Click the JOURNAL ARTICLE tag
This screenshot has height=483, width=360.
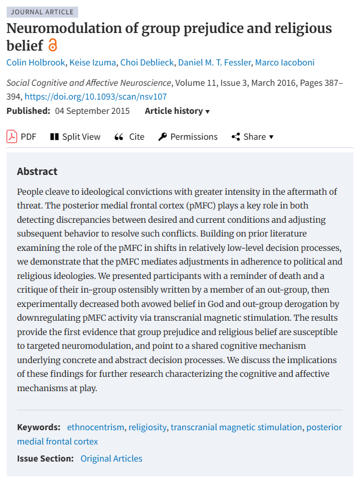tap(42, 12)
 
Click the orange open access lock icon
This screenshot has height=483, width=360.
tap(53, 45)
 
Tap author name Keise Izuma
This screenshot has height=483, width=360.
tap(95, 62)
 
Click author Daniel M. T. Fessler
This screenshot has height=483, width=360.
tap(213, 62)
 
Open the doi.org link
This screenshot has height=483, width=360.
tap(96, 97)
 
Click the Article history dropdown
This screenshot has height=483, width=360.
tap(177, 111)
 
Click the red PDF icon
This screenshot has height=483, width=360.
tap(12, 136)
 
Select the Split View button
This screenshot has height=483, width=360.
tap(75, 136)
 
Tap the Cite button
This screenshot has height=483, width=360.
tap(129, 136)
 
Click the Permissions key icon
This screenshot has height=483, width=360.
tap(162, 136)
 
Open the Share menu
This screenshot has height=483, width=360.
tap(253, 136)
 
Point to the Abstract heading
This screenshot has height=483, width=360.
tap(37, 171)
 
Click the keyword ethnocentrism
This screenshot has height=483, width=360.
tap(96, 427)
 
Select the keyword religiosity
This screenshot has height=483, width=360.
tap(147, 427)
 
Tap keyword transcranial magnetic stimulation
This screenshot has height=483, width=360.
tap(236, 427)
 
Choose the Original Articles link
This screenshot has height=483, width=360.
tap(111, 458)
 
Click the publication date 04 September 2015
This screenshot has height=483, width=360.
tap(92, 111)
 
